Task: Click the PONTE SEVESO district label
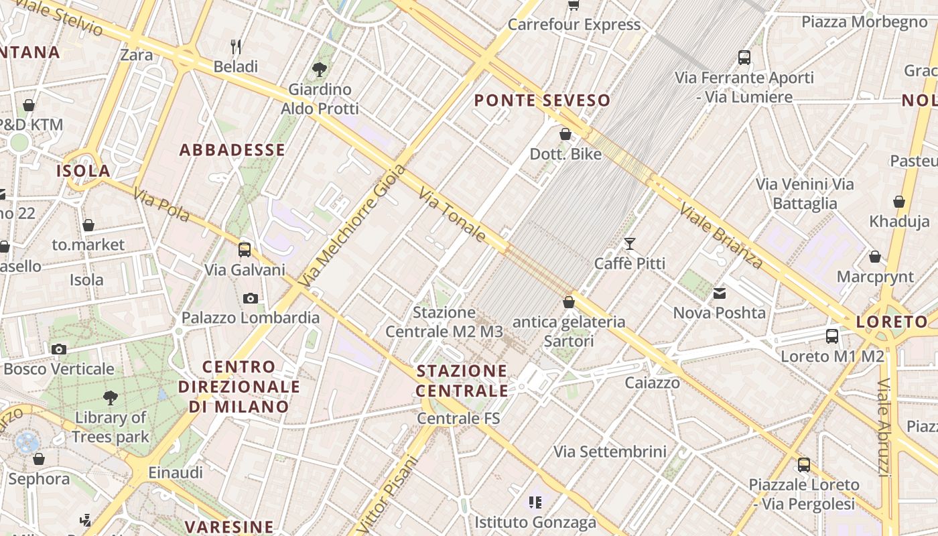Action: click(x=542, y=100)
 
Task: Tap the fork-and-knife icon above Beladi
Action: click(x=236, y=46)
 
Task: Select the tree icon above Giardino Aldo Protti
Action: click(x=320, y=68)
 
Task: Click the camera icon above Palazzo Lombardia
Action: click(x=251, y=298)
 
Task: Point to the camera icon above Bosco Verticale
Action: click(x=59, y=349)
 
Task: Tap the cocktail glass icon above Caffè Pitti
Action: click(x=630, y=243)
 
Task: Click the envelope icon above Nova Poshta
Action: click(x=719, y=293)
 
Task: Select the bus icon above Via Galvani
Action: click(x=245, y=250)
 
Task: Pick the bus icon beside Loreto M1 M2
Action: click(x=832, y=336)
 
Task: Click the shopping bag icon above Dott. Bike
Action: click(x=565, y=134)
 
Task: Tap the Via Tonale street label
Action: click(x=453, y=214)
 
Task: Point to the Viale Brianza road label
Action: click(x=721, y=235)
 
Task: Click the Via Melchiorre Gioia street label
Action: click(x=354, y=226)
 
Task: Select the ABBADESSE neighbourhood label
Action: click(x=232, y=149)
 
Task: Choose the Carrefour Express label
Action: click(x=574, y=25)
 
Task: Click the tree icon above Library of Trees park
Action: click(x=111, y=398)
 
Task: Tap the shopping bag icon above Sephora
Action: click(x=39, y=459)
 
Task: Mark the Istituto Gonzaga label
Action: click(x=535, y=522)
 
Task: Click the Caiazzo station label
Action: click(x=652, y=383)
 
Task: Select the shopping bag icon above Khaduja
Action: click(x=899, y=202)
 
